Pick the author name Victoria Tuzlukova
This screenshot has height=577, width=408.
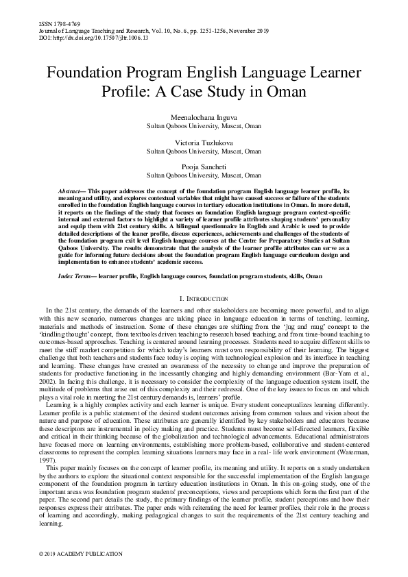tap(204, 143)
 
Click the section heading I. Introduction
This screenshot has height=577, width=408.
tap(204, 299)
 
